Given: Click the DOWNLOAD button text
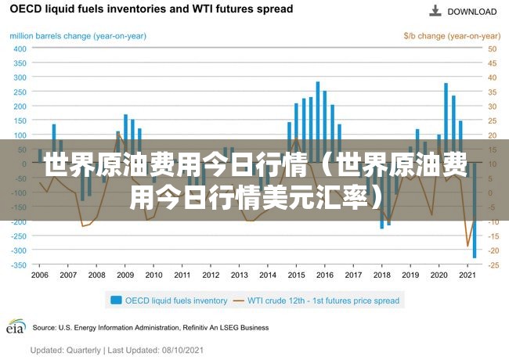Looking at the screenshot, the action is tap(472, 12).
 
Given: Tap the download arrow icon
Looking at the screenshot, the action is tap(435, 11).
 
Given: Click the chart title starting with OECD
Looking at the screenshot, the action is tap(152, 9).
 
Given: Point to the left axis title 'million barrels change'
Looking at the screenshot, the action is tap(78, 36).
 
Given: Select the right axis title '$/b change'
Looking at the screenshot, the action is tap(452, 36).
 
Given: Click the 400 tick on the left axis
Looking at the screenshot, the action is tap(20, 49).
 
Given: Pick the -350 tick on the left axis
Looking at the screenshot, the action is tap(19, 265).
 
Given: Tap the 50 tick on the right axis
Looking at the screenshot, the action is tap(492, 49).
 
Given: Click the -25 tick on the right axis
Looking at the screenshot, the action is tap(493, 265).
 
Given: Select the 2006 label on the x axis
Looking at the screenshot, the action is tap(40, 275).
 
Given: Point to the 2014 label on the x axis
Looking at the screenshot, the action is tap(268, 275).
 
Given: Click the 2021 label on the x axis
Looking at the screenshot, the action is tap(467, 275).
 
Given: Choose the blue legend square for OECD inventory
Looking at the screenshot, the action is tap(116, 300).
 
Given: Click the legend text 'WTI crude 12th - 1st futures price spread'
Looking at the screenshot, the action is tap(323, 301).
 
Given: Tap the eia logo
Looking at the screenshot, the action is tap(16, 326).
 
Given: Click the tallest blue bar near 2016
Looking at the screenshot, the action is tap(318, 122).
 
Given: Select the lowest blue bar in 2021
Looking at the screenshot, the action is tap(475, 211).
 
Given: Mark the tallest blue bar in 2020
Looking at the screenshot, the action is tap(446, 123).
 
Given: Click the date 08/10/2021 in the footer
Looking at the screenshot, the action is tap(182, 351).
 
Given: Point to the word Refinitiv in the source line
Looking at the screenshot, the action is tap(195, 328).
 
